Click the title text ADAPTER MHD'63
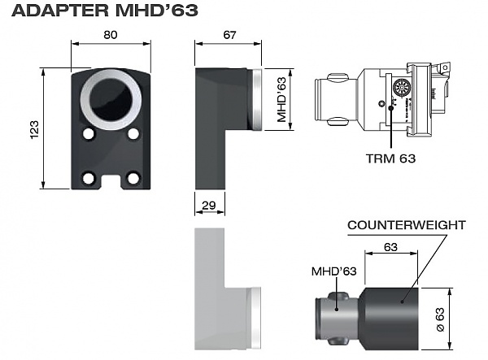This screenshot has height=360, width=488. pyautogui.click(x=105, y=11)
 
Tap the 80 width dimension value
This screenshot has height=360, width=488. pyautogui.click(x=111, y=35)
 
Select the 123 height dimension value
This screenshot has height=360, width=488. pyautogui.click(x=34, y=129)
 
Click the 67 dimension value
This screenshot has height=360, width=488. pyautogui.click(x=229, y=35)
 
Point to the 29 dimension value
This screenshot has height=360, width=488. pyautogui.click(x=209, y=205)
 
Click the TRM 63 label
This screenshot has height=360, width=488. pyautogui.click(x=390, y=158)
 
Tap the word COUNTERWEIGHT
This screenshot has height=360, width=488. pyautogui.click(x=407, y=225)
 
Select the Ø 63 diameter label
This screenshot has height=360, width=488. pyautogui.click(x=440, y=319)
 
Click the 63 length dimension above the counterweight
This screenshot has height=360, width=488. pyautogui.click(x=390, y=247)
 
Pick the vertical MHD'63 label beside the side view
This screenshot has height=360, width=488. pyautogui.click(x=281, y=99)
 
